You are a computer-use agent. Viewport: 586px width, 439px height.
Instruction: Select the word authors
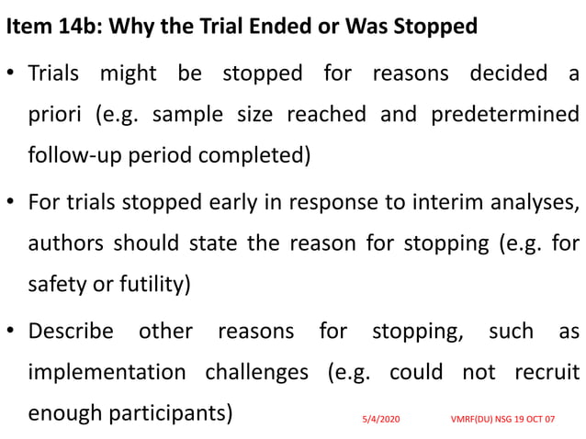(66, 243)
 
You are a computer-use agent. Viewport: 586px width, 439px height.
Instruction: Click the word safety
(57, 285)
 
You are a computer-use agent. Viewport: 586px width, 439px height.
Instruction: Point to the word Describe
(71, 331)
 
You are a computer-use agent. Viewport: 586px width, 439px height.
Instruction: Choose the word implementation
(104, 372)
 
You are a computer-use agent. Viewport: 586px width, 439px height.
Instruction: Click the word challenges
(256, 372)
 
